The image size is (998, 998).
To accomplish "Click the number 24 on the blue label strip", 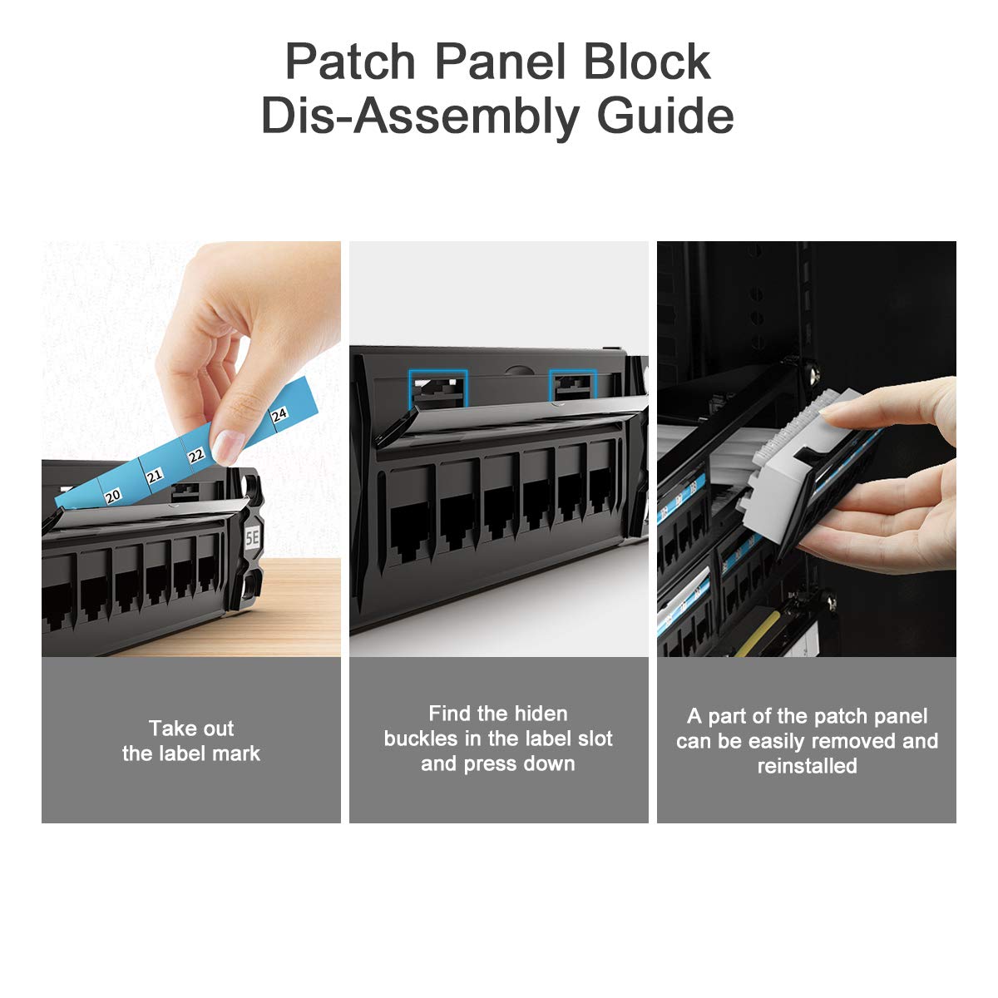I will pos(279,414).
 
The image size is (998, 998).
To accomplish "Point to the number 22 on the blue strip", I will pos(196,455).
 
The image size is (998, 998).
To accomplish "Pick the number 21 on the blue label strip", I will pos(155,476).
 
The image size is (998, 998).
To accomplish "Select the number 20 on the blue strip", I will pos(113,496).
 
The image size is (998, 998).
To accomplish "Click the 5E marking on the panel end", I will pos(252,538).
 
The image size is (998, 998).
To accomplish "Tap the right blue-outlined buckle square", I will pos(573,388).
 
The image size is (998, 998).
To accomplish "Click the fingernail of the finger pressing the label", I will pos(226,447).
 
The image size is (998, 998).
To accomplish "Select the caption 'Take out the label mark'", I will pos(191,741).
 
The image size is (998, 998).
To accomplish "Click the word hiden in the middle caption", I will pos(541,714).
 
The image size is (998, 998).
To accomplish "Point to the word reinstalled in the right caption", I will pos(807,766).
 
